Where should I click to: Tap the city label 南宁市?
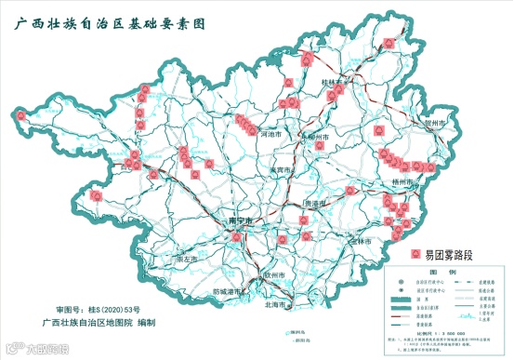pyautogui.click(x=240, y=220)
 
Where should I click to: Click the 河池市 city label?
pyautogui.click(x=270, y=135)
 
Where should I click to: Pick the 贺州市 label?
pyautogui.click(x=436, y=122)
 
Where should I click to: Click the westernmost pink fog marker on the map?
pyautogui.click(x=96, y=195)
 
